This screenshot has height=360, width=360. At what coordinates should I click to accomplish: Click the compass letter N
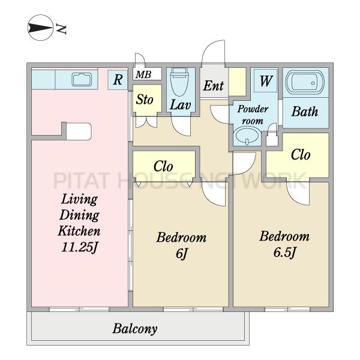click(x=61, y=29)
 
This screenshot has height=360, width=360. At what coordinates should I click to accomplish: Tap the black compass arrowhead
click(x=39, y=28)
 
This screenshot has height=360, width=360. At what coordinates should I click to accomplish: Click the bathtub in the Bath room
click(x=305, y=82)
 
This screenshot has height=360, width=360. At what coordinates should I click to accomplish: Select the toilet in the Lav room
click(x=180, y=82)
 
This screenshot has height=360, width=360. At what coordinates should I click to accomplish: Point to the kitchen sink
click(x=82, y=79)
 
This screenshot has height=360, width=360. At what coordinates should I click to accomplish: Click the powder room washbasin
click(x=247, y=136)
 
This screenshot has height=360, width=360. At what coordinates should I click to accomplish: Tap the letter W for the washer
click(x=266, y=80)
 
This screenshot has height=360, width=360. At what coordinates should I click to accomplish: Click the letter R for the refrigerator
click(x=118, y=80)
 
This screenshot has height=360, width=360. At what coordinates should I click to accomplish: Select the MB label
click(x=143, y=74)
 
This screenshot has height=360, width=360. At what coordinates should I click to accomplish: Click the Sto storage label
click(x=145, y=100)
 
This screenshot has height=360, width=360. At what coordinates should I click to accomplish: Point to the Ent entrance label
click(x=213, y=86)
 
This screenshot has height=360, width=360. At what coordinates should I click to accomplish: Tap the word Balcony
click(x=135, y=329)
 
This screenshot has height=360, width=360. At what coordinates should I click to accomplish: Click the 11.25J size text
click(x=79, y=247)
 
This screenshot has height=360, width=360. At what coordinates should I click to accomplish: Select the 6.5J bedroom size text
click(x=284, y=253)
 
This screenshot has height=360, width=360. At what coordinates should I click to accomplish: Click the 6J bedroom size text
click(x=181, y=253)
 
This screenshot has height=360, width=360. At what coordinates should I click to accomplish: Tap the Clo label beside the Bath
click(x=301, y=155)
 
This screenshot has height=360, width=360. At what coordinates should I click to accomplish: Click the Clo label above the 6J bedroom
click(x=163, y=166)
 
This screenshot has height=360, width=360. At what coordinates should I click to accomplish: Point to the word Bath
click(x=305, y=112)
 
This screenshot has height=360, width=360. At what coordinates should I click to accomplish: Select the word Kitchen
click(x=79, y=231)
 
